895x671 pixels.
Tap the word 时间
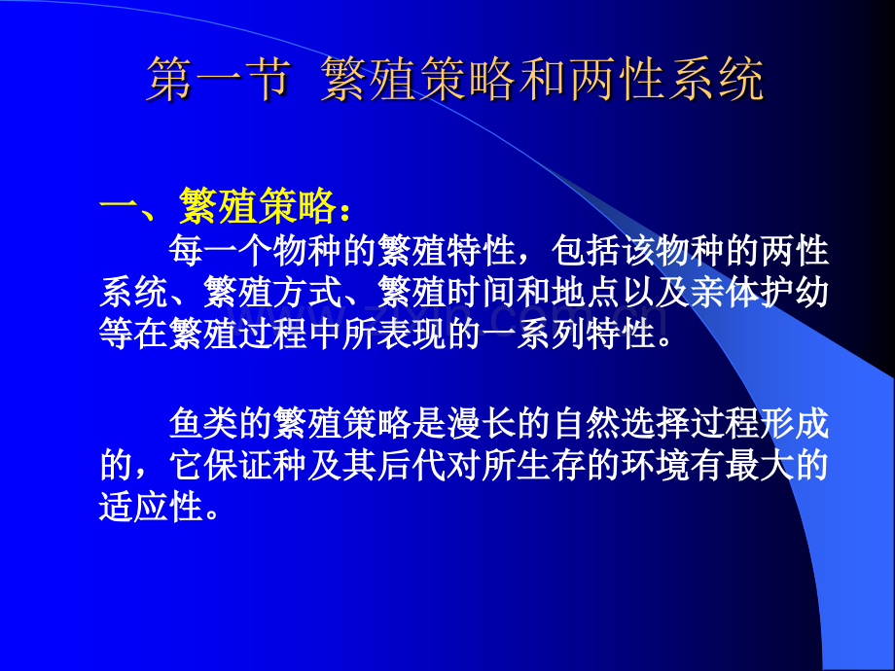click(x=480, y=292)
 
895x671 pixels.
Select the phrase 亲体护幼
click(x=773, y=292)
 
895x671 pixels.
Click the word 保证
click(x=237, y=467)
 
